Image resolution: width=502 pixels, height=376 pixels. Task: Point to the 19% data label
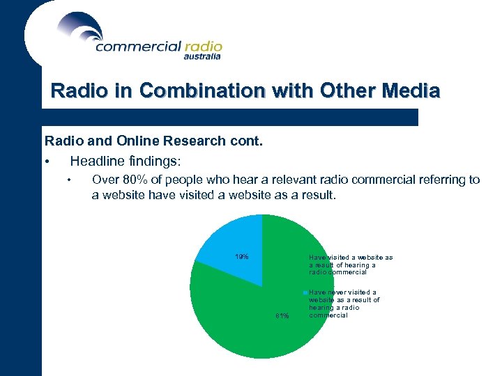[x=242, y=257]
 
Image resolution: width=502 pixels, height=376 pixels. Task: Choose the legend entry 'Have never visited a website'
[x=344, y=304]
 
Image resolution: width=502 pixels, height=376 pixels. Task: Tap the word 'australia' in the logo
[x=202, y=57]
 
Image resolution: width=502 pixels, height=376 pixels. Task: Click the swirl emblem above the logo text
[x=80, y=26]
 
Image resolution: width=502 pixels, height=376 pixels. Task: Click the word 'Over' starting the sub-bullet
[x=105, y=180]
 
